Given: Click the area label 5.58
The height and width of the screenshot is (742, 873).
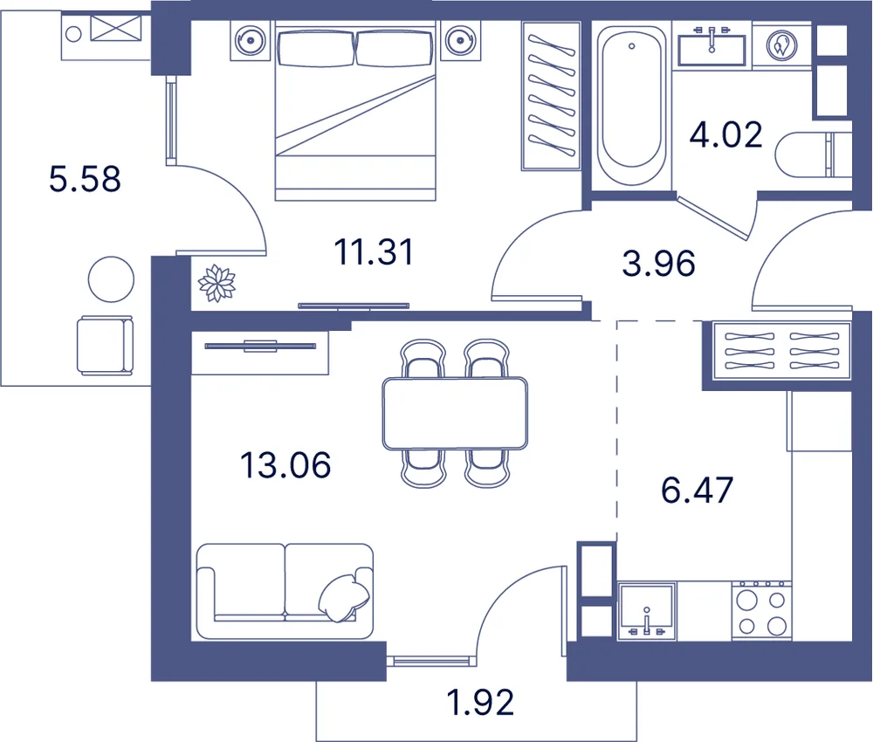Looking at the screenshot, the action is pyautogui.click(x=85, y=179).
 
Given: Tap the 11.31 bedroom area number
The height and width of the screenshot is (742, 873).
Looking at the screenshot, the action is pyautogui.click(x=374, y=251).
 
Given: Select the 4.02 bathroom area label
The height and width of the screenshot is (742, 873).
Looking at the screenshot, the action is pyautogui.click(x=726, y=134).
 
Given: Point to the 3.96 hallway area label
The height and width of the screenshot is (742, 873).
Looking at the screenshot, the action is pyautogui.click(x=658, y=264).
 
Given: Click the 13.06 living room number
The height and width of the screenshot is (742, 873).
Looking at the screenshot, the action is pyautogui.click(x=285, y=465).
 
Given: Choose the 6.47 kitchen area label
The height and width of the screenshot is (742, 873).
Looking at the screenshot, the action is pyautogui.click(x=697, y=491).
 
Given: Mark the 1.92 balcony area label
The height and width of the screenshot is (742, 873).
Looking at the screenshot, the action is pyautogui.click(x=480, y=703).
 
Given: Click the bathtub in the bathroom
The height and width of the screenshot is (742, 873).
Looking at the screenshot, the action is pyautogui.click(x=631, y=105).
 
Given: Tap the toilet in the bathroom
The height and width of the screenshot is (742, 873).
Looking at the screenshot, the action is pyautogui.click(x=813, y=155).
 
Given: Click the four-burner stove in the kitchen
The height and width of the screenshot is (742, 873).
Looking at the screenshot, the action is pyautogui.click(x=761, y=611).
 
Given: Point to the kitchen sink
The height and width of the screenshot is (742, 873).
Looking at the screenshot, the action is pyautogui.click(x=646, y=611).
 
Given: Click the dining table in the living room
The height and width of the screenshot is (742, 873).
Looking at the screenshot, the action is pyautogui.click(x=455, y=413).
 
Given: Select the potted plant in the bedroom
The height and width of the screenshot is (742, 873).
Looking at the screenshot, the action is pyautogui.click(x=217, y=284).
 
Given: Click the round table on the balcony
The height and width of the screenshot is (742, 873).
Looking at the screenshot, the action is pyautogui.click(x=112, y=279).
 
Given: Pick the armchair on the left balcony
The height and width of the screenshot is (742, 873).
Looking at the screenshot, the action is pyautogui.click(x=106, y=345).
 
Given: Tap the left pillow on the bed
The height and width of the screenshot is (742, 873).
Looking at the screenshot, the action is pyautogui.click(x=316, y=48).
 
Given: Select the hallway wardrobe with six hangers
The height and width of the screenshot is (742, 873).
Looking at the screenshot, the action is pyautogui.click(x=781, y=351).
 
